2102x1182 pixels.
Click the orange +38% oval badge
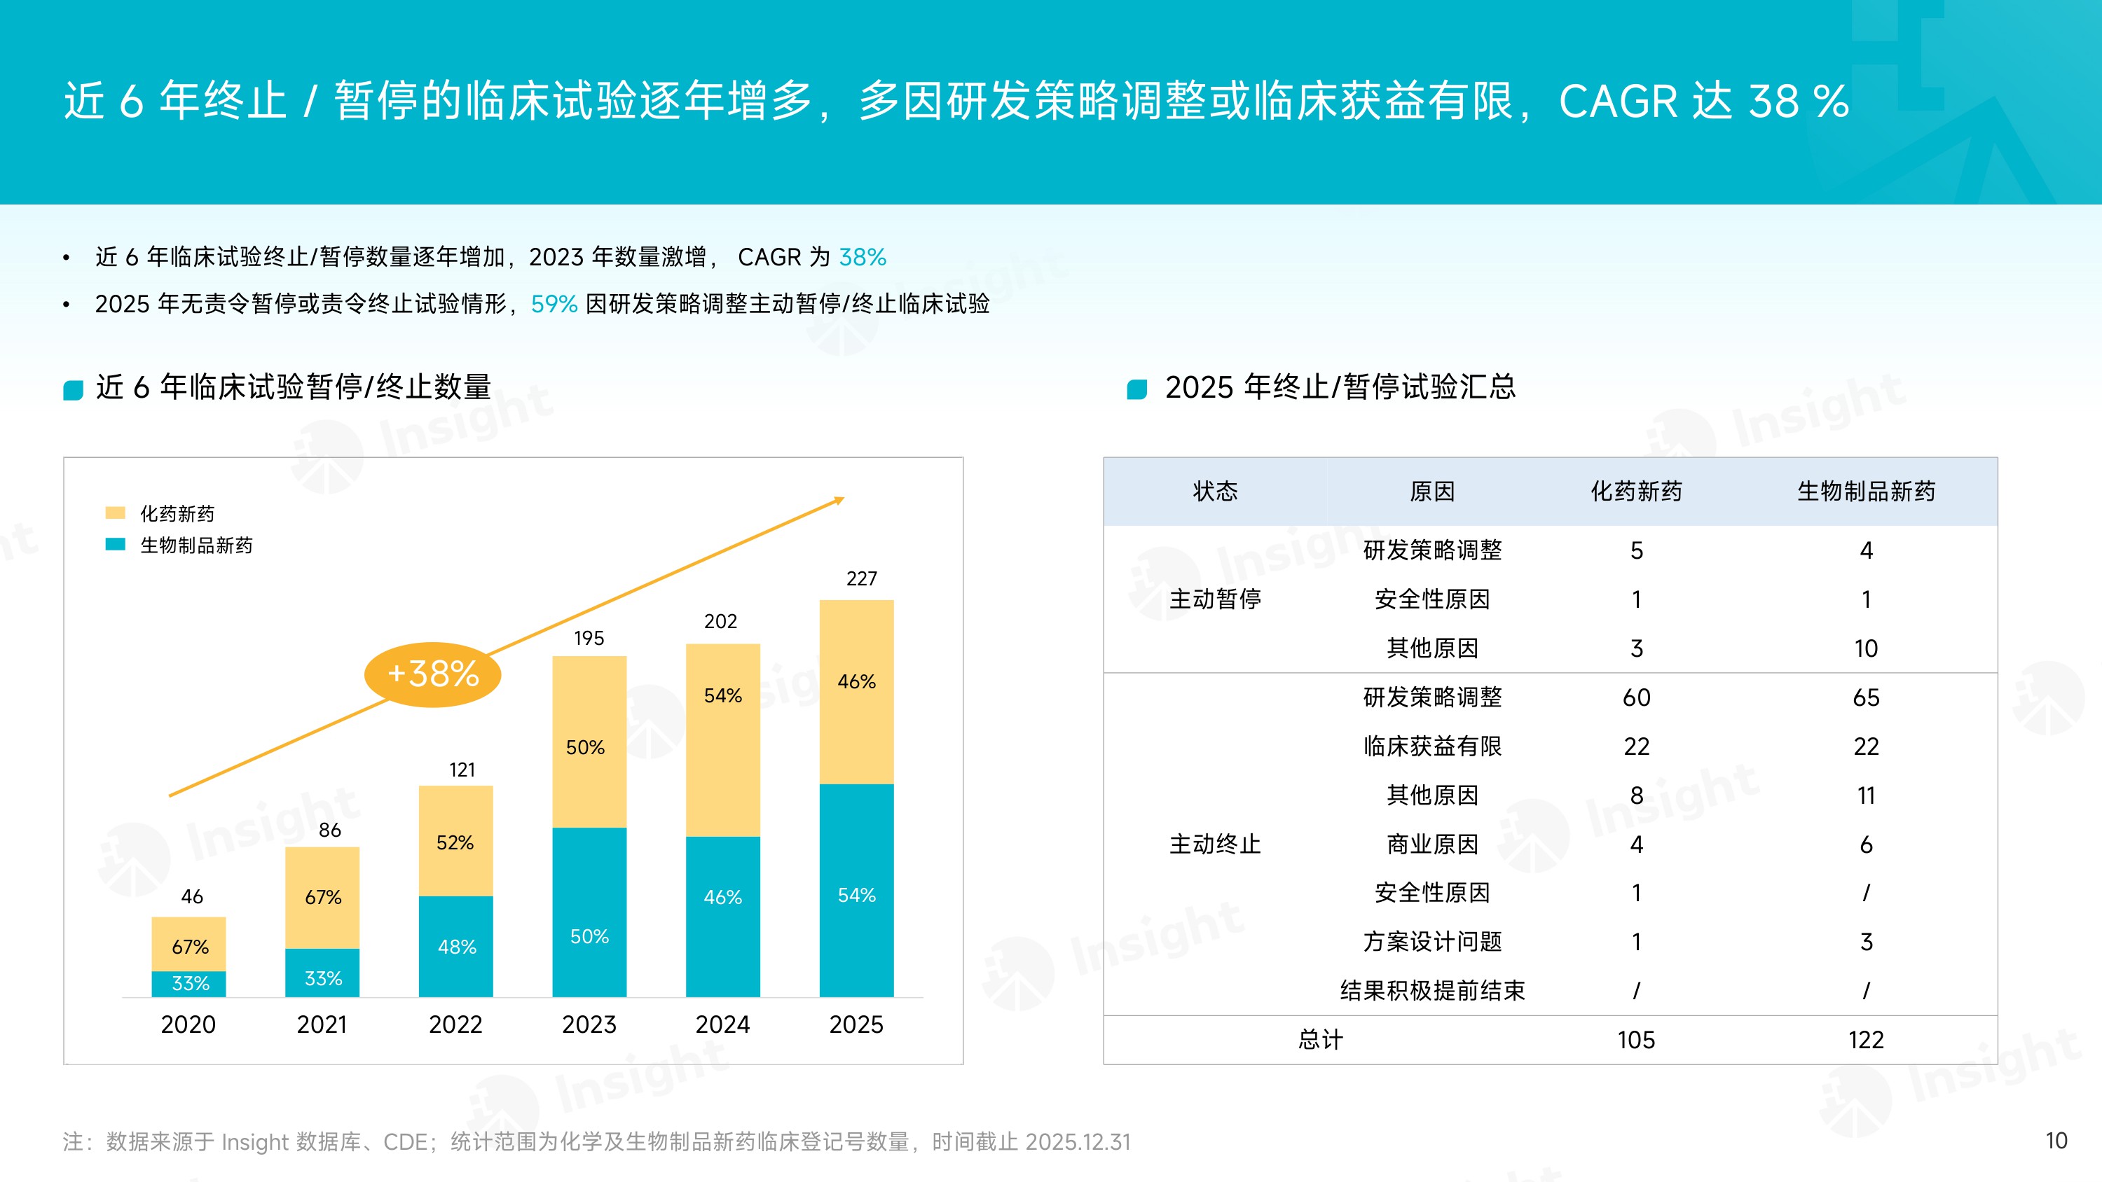click(x=432, y=674)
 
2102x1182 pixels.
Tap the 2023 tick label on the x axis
click(x=589, y=1024)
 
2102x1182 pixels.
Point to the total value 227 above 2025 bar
click(x=861, y=578)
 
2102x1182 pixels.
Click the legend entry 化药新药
click(x=177, y=513)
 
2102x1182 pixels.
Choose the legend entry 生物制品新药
click(x=196, y=545)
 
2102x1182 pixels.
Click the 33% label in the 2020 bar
click(x=190, y=983)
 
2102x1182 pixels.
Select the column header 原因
click(x=1432, y=491)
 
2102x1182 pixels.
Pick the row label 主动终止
click(x=1215, y=844)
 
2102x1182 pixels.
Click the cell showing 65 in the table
click(x=1865, y=697)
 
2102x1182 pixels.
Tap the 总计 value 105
click(x=1636, y=1040)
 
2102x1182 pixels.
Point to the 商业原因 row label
click(x=1432, y=844)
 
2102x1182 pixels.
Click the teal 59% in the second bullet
click(x=554, y=305)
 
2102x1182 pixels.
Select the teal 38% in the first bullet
click(x=862, y=257)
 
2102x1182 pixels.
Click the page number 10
click(x=2056, y=1141)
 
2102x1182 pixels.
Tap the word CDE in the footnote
click(x=405, y=1142)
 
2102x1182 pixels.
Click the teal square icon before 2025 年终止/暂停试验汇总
click(x=1136, y=389)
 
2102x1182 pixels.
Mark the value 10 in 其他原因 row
click(x=1865, y=648)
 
